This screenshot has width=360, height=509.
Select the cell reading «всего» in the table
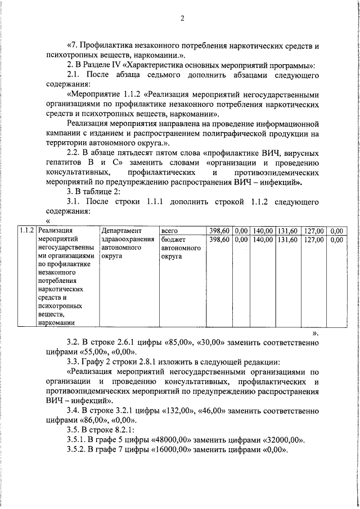tap(169, 230)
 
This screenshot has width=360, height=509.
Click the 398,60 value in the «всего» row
tap(219, 230)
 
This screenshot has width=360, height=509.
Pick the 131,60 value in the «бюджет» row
tap(287, 240)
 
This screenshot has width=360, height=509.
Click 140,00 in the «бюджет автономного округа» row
tap(262, 240)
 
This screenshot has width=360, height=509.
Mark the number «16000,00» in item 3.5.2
tap(169, 451)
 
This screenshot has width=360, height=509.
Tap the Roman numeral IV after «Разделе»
tap(125, 65)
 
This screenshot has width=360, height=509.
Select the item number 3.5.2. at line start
tap(79, 451)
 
